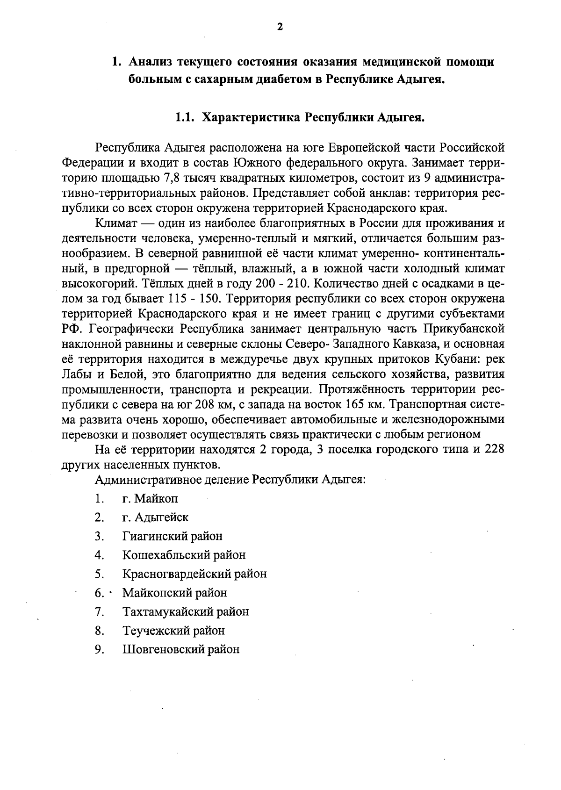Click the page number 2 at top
click(280, 27)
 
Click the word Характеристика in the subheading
click(250, 117)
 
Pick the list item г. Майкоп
click(150, 498)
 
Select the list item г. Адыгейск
click(155, 517)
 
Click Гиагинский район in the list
click(172, 536)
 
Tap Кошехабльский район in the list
click(184, 555)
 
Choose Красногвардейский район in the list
click(194, 574)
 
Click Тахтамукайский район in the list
click(186, 611)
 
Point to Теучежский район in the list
click(173, 631)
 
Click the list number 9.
click(99, 649)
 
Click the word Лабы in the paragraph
click(77, 374)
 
